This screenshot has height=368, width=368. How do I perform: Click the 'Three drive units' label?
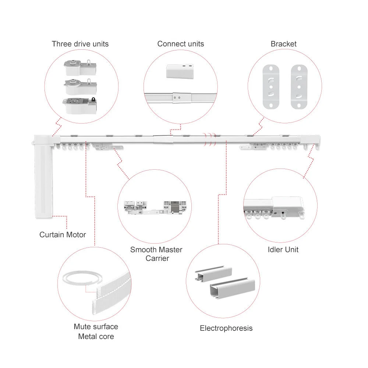(x=80, y=44)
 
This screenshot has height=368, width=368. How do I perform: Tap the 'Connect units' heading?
(x=180, y=44)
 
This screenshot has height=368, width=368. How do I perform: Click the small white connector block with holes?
(x=180, y=71)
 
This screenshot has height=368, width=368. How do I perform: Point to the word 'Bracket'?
(x=283, y=44)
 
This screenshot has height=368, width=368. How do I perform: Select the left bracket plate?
(x=271, y=86)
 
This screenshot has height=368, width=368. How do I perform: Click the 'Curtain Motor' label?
(x=63, y=235)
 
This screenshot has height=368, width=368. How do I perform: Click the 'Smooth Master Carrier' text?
(x=156, y=254)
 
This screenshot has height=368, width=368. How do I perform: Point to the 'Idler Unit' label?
(x=283, y=250)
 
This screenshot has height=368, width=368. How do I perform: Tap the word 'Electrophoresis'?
(x=226, y=328)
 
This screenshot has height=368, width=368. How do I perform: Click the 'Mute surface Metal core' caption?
(x=96, y=331)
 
